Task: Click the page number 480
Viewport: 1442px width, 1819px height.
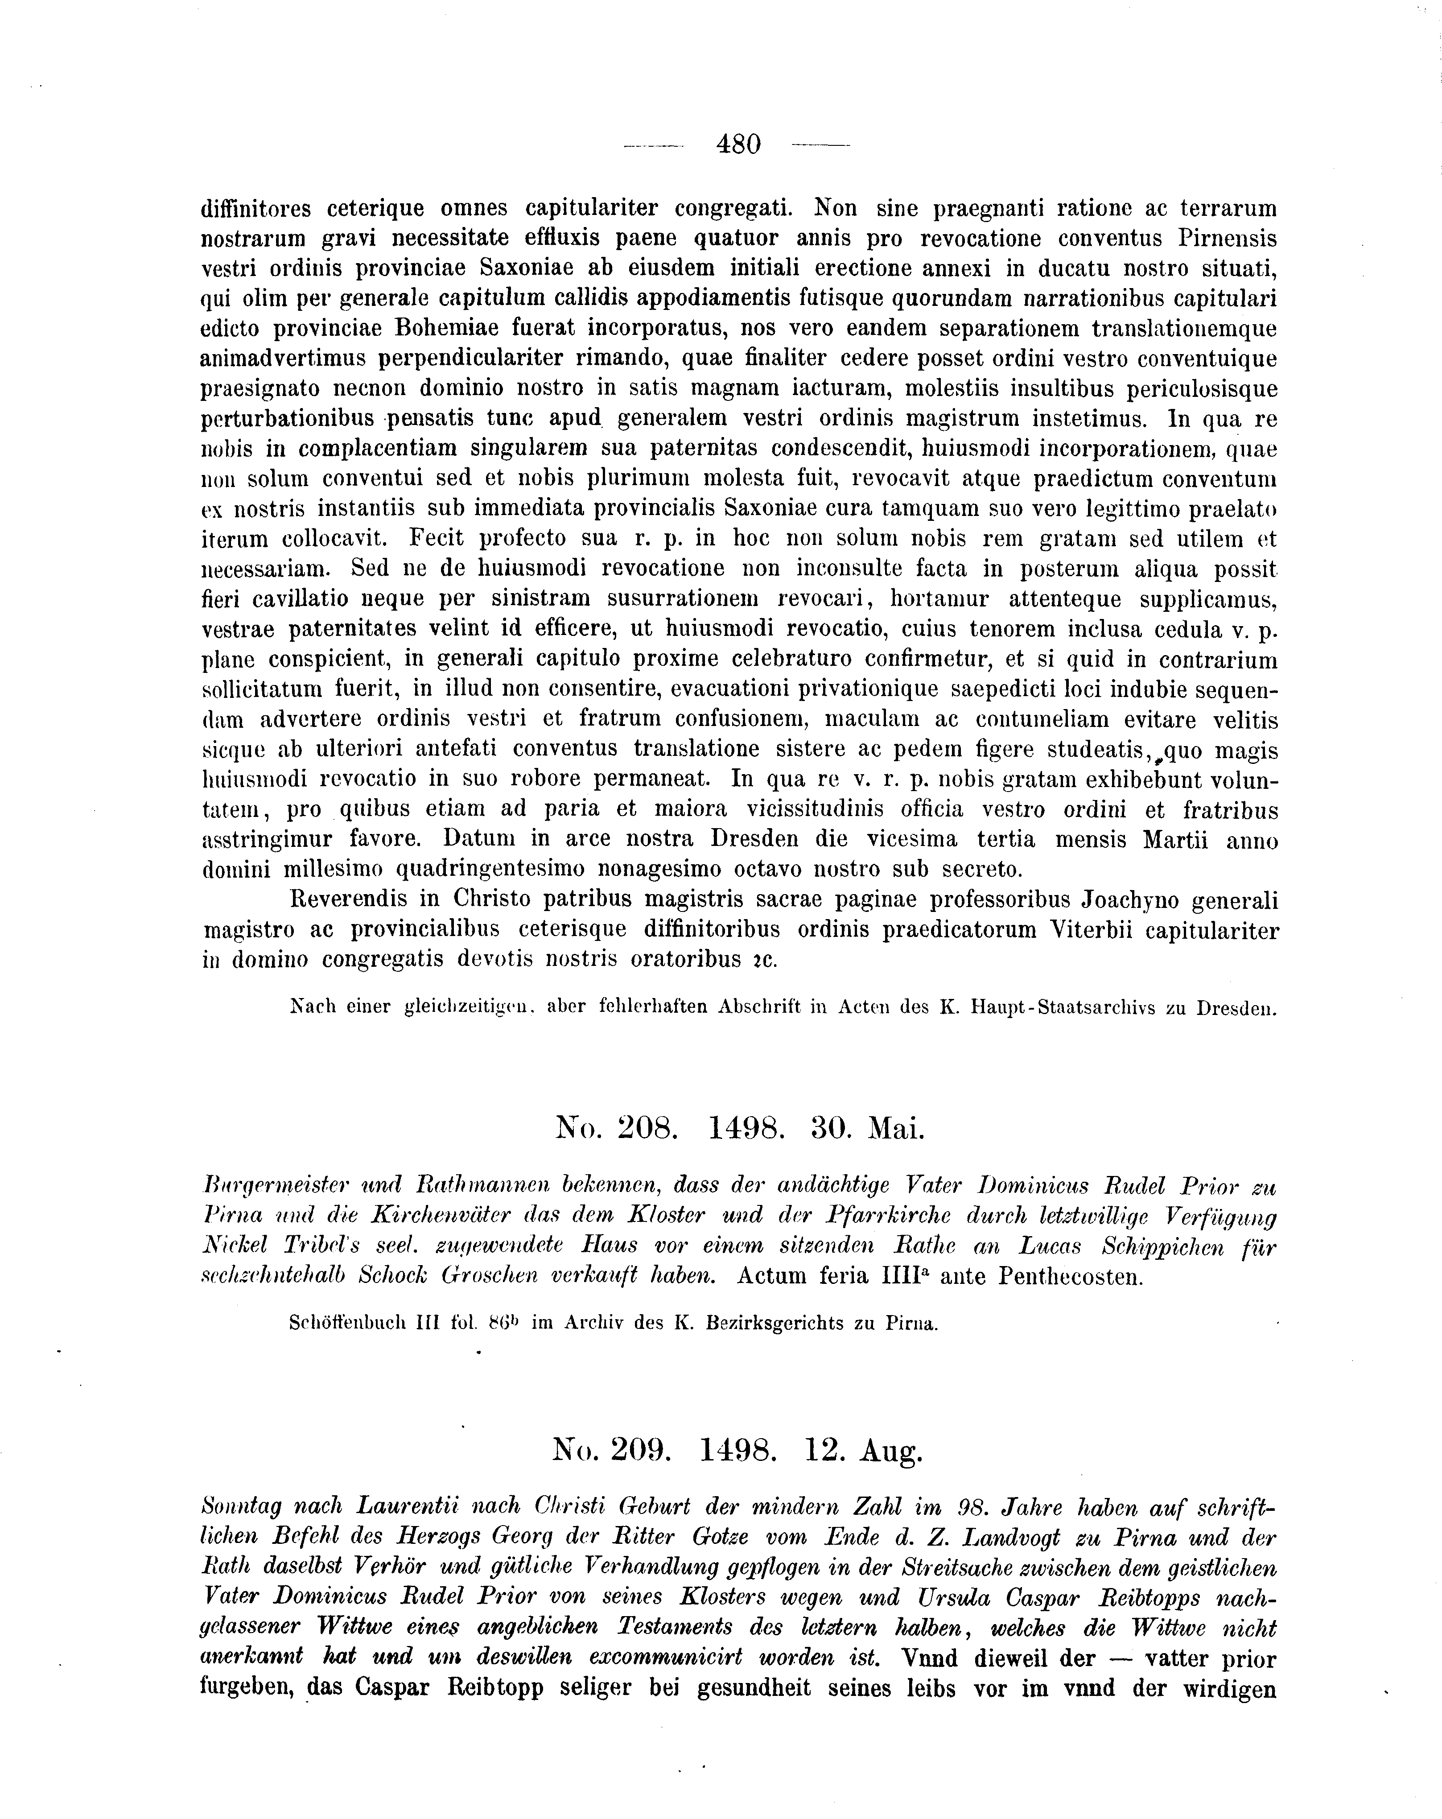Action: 738,145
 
